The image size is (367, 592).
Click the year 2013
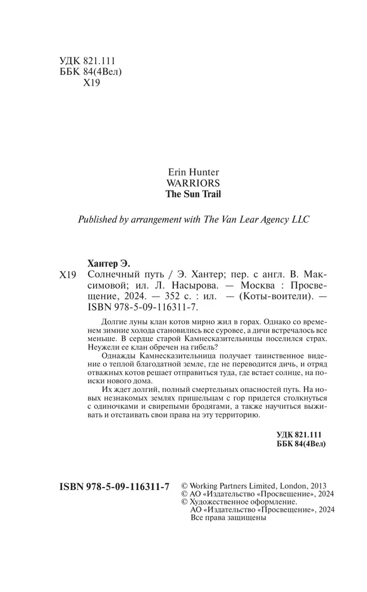tap(318, 485)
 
